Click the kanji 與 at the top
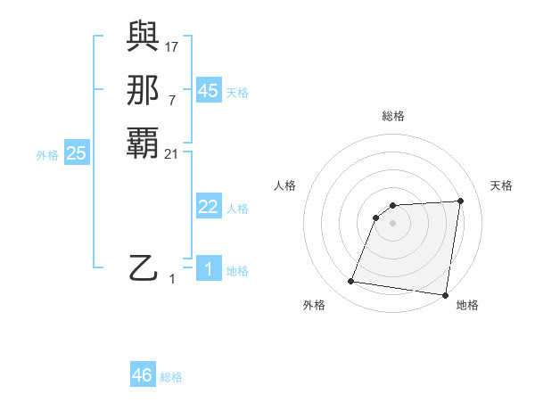(x=144, y=36)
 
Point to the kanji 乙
(x=144, y=267)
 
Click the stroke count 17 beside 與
(x=172, y=46)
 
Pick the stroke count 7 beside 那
(x=171, y=100)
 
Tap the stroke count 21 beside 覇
(x=172, y=153)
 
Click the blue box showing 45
(x=208, y=91)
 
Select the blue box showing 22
(x=208, y=207)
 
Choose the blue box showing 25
(x=77, y=153)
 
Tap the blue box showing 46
(x=143, y=375)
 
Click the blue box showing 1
(x=208, y=269)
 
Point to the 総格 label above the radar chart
(x=393, y=116)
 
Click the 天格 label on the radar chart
(x=501, y=185)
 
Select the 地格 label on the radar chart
(x=467, y=305)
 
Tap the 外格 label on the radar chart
(x=314, y=305)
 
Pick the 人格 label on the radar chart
(x=284, y=185)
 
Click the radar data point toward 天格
(x=461, y=201)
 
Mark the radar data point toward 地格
(x=445, y=295)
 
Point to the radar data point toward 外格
(x=351, y=282)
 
